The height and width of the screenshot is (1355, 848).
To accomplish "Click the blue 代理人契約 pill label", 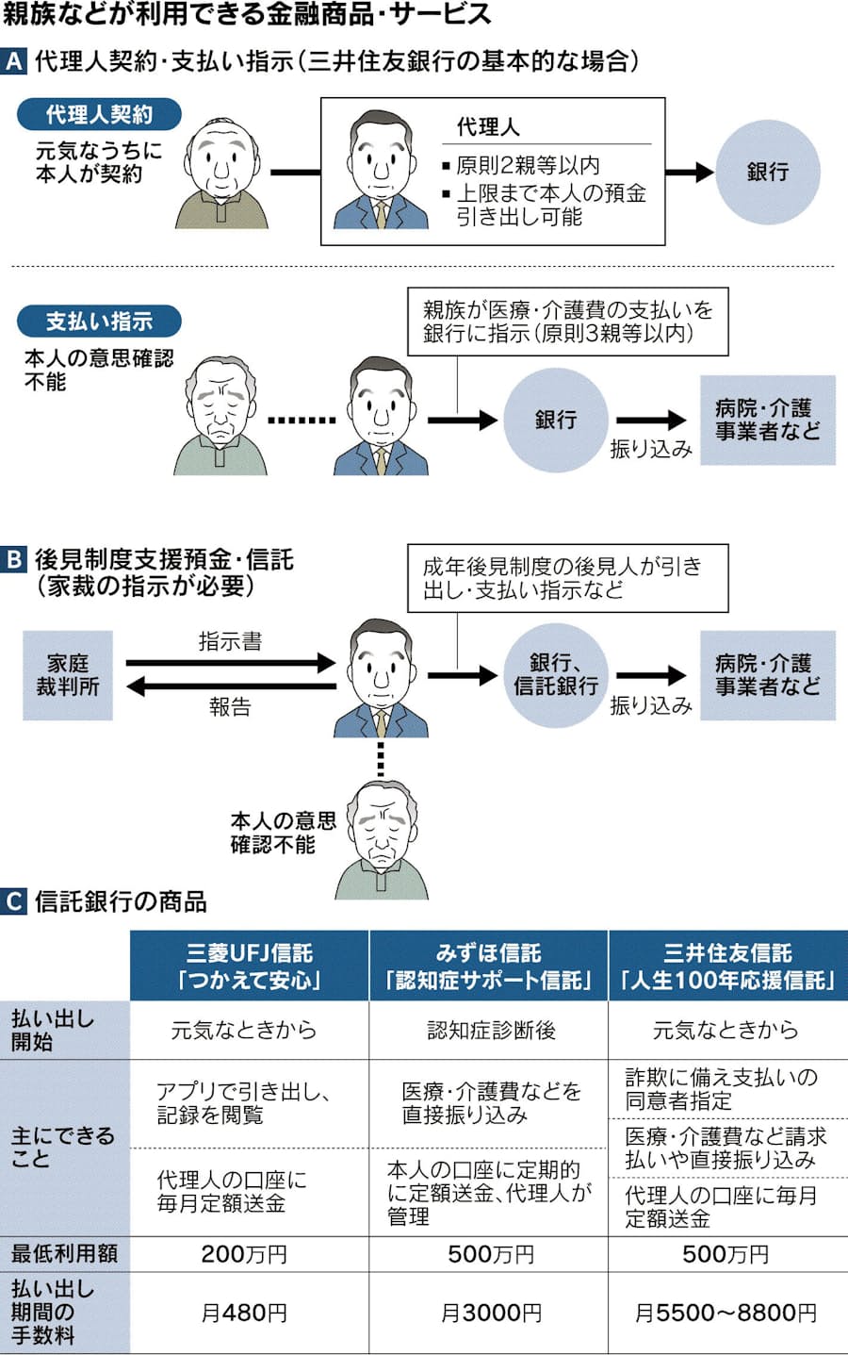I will coord(99,115).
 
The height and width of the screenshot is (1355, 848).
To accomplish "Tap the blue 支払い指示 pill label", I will coord(99,322).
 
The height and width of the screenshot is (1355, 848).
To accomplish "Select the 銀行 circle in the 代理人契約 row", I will coord(767,173).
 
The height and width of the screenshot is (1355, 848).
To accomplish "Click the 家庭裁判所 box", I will coord(68,675).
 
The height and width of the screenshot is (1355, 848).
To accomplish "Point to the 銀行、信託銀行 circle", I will coord(555,675).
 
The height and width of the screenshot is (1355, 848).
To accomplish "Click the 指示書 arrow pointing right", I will coord(231,663).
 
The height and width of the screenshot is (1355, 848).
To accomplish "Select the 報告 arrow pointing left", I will coord(231,686).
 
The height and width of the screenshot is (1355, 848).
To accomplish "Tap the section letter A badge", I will coord(14,62).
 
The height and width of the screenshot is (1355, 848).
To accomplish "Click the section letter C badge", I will coord(14,901).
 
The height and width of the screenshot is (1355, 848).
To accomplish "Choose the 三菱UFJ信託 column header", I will coord(250,966).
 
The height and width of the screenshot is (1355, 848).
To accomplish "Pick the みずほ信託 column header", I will coord(488,966).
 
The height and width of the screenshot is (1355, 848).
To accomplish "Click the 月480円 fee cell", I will coord(244,1313).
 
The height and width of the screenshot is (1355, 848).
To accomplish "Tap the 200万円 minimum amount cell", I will coord(244,1254).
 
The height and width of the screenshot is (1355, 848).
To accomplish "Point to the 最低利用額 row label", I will coord(64,1254).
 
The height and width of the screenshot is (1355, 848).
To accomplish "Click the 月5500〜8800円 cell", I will coord(726,1313).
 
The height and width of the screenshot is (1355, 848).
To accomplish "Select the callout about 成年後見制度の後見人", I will coord(567,578).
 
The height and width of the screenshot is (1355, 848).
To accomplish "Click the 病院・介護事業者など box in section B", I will coord(767,675).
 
